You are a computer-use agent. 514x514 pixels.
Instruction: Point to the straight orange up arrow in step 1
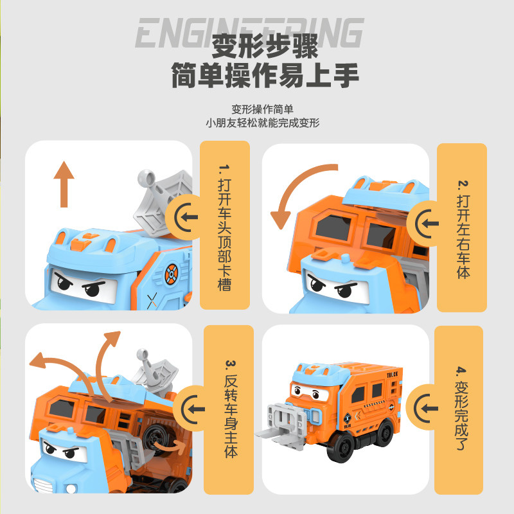point(64,184)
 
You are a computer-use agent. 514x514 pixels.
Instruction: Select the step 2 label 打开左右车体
point(463,227)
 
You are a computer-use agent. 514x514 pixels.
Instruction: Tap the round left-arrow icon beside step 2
point(427,224)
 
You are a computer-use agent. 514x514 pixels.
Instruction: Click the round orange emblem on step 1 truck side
point(170,275)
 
